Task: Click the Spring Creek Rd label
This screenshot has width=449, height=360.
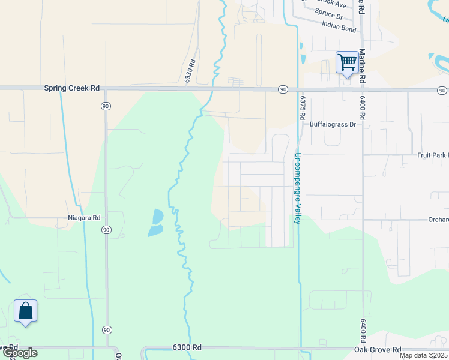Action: click(71, 88)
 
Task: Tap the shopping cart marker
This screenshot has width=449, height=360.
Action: click(347, 62)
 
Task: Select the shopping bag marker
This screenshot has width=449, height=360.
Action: click(25, 311)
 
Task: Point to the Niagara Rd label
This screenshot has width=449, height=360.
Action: click(83, 218)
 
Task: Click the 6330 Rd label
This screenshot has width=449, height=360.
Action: click(191, 70)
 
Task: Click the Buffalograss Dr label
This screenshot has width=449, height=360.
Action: click(333, 125)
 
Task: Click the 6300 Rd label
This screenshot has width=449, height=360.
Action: click(187, 347)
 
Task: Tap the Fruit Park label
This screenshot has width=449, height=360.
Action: click(432, 155)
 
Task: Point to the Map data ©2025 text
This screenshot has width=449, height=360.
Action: click(423, 355)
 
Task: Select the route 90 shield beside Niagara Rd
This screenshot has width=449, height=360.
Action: click(106, 230)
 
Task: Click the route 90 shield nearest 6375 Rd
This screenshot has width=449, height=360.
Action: click(282, 89)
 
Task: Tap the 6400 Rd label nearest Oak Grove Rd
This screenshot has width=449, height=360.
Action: click(363, 331)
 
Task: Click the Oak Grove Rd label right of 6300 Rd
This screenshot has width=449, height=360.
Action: click(377, 350)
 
